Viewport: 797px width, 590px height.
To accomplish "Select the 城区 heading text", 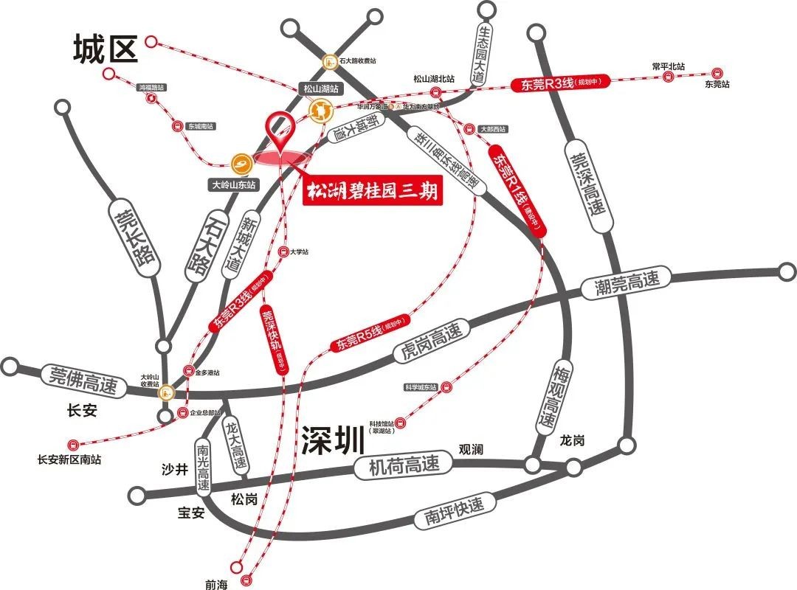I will point(106,50).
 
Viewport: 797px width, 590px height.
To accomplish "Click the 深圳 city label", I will point(333,440).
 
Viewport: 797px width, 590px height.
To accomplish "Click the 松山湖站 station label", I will point(322,88).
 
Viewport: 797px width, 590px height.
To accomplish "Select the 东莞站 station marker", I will point(715,73).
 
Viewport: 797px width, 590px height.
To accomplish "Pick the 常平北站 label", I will point(669,66).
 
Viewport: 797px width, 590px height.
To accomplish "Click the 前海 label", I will point(217,584).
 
